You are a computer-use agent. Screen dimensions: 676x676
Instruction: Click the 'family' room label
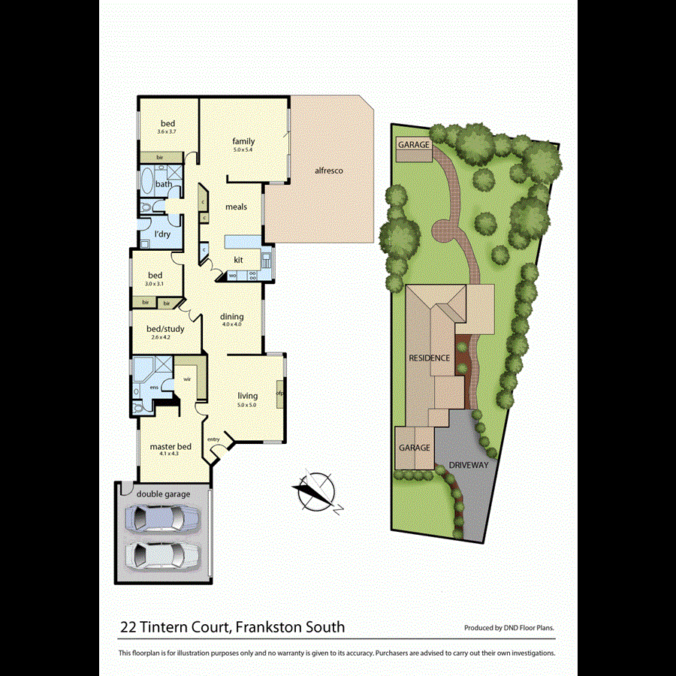[x=243, y=141]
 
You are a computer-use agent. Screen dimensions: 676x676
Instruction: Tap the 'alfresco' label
[x=329, y=171]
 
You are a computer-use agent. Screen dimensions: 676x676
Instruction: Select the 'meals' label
[x=236, y=207]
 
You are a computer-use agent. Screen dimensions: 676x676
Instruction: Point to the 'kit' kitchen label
[x=238, y=260]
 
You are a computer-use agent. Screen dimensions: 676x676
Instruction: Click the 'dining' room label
[x=231, y=317]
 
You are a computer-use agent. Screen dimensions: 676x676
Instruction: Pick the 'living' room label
[x=248, y=396]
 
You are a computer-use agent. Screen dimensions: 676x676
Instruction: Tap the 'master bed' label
[x=171, y=447]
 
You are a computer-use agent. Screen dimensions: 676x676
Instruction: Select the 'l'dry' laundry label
[x=162, y=234]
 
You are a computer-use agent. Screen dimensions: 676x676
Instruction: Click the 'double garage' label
[x=163, y=493]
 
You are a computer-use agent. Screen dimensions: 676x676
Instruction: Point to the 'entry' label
[x=214, y=439]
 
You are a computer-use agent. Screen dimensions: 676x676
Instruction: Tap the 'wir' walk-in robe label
[x=187, y=380]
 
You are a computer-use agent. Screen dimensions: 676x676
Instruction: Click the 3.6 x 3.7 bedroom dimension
[x=167, y=132]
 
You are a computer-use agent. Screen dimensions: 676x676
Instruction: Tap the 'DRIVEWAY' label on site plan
[x=469, y=465]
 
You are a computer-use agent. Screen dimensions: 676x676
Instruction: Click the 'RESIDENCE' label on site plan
[x=430, y=358]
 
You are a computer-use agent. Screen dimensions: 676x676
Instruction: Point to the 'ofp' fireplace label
[x=279, y=393]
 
